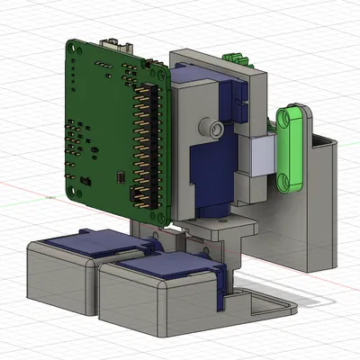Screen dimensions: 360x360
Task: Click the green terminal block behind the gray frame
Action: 237,58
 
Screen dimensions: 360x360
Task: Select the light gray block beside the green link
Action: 263,160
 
